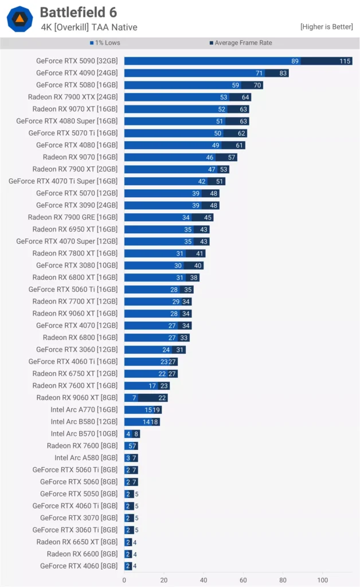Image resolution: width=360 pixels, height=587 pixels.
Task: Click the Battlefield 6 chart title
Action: point(82,12)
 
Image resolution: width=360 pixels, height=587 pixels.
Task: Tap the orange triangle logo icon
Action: point(19,19)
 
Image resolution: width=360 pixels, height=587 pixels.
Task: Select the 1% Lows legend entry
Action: point(106,43)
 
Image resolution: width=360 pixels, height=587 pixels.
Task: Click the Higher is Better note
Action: point(326,27)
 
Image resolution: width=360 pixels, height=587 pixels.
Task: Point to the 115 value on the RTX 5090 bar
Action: point(345,61)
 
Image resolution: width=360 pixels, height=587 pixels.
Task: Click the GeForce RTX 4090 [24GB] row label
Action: point(77,73)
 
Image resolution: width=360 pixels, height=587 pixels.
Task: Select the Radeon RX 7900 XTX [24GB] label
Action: point(73,97)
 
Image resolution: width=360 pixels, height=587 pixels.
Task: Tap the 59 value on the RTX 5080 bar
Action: point(235,85)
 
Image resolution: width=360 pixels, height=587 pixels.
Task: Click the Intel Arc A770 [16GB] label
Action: point(84,409)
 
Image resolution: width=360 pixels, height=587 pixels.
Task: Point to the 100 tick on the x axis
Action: point(323,580)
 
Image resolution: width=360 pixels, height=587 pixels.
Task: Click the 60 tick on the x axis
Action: point(244,580)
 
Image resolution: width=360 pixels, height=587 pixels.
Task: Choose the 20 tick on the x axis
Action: point(164,580)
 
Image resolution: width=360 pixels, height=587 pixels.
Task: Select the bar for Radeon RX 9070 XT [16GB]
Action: point(186,109)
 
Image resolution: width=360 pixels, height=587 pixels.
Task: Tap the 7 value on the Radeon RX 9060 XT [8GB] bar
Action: point(134,398)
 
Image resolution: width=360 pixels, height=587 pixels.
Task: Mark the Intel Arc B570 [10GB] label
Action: point(84,434)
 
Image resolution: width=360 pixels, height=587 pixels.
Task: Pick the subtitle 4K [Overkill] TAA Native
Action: point(89,27)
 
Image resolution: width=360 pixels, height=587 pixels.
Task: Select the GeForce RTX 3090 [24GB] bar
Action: point(171,205)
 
